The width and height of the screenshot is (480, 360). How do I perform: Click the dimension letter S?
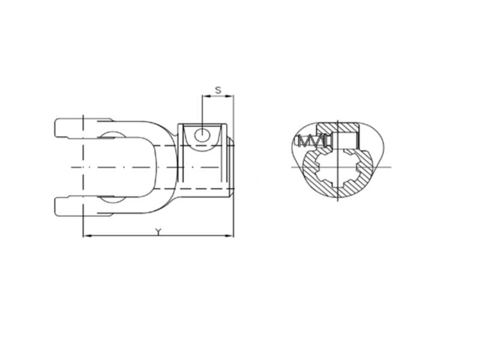point(218,90)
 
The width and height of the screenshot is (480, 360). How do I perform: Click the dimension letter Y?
point(158,232)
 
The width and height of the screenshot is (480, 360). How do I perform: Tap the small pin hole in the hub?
point(203,134)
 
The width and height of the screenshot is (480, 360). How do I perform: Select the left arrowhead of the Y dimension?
point(86,236)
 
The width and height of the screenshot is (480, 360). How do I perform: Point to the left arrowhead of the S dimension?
point(205,96)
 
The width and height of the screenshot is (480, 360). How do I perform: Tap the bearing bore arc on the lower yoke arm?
point(109,199)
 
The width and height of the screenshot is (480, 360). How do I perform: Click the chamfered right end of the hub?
point(231,166)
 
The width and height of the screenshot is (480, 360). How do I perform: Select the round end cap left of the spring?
point(298,142)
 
